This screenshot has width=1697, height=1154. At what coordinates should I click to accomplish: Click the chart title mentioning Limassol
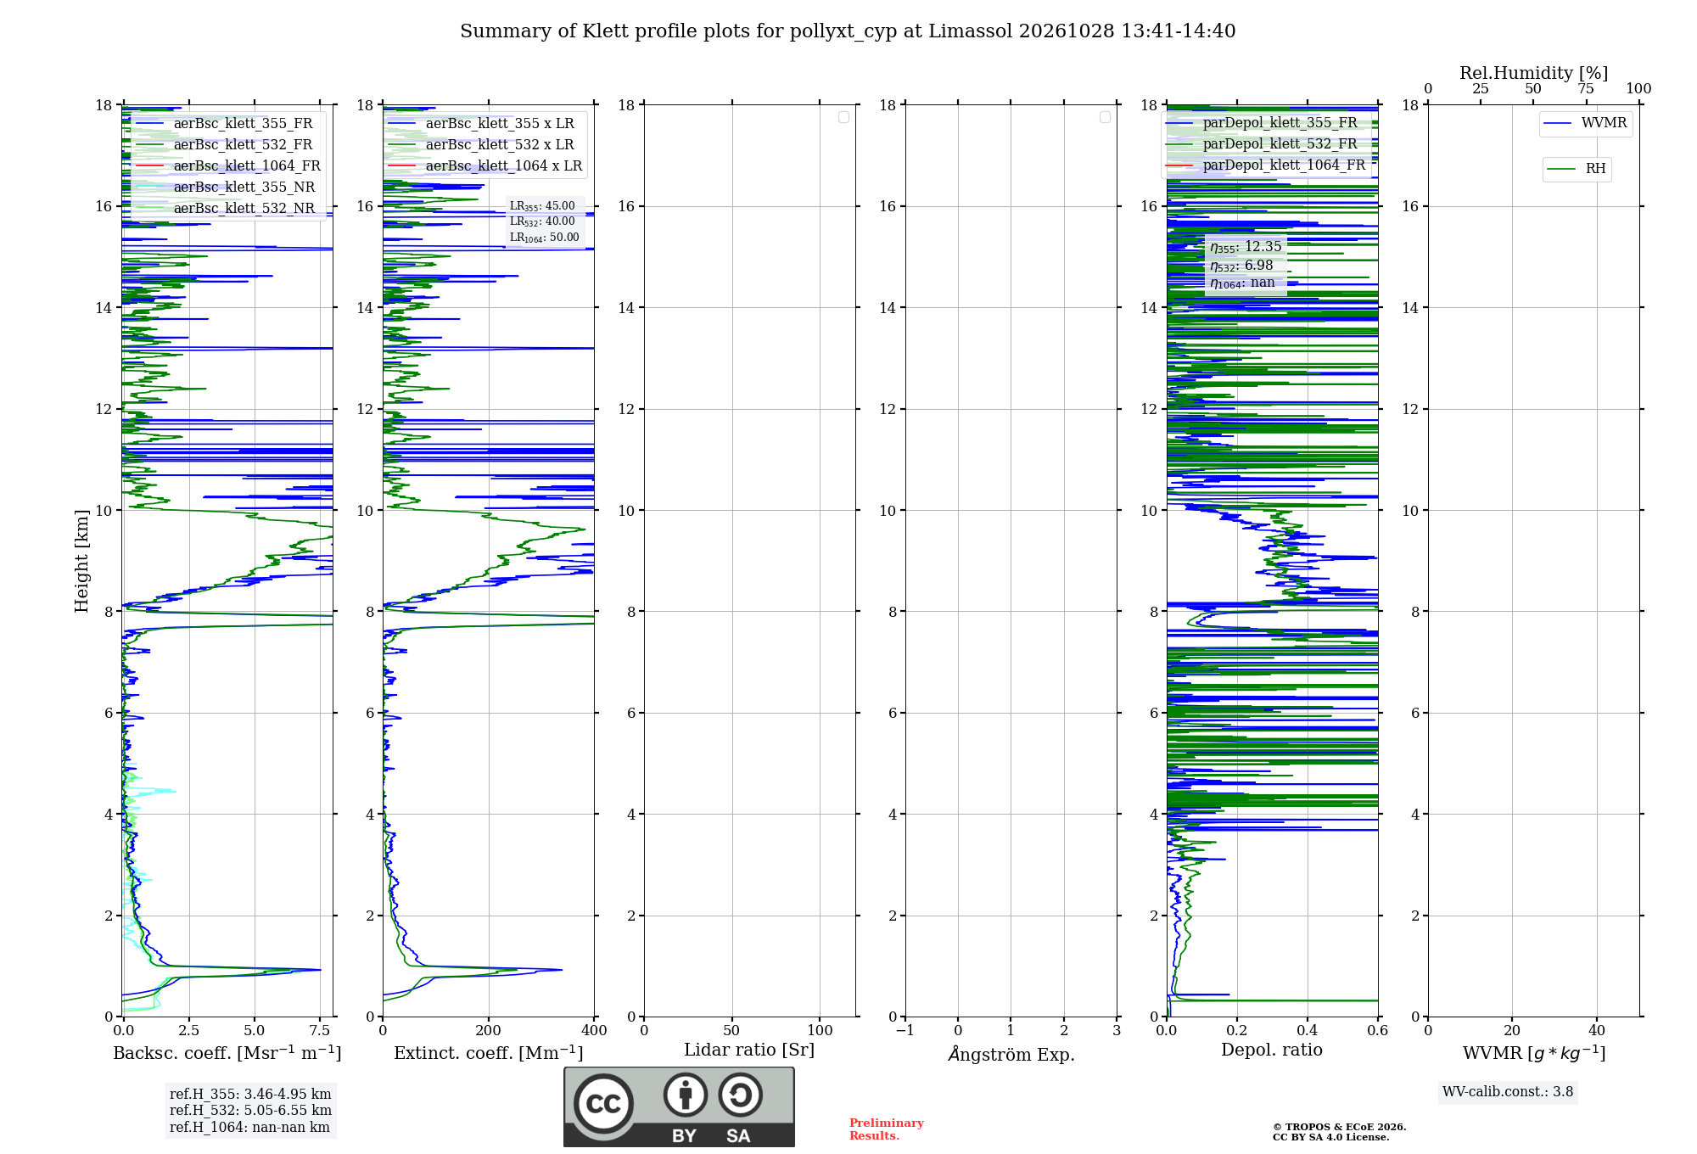point(848,31)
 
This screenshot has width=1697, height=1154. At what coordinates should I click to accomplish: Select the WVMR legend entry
point(1585,123)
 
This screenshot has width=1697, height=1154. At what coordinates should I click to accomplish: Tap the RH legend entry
point(1577,169)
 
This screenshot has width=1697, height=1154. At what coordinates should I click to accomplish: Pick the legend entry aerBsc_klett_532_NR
point(226,208)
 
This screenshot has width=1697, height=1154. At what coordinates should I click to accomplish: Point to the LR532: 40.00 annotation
point(542,221)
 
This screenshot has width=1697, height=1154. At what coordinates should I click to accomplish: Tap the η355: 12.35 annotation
point(1246,247)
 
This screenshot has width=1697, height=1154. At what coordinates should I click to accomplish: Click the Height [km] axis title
point(81,561)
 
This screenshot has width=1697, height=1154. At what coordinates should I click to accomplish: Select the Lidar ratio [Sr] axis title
point(749,1050)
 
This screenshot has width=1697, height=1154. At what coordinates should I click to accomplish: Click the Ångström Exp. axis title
point(1011,1053)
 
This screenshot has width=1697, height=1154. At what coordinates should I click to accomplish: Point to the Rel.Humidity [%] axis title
point(1534,73)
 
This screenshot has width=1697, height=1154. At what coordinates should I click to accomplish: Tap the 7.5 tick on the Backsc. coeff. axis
point(320,1030)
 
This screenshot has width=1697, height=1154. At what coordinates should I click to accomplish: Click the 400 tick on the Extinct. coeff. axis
point(594,1030)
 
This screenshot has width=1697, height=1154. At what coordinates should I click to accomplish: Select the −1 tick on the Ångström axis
point(905,1030)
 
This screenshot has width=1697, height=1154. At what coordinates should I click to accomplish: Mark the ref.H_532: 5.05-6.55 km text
point(250,1110)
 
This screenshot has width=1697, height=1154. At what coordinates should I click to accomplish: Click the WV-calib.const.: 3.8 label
point(1508,1092)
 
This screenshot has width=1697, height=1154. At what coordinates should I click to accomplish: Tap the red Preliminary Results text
point(887,1129)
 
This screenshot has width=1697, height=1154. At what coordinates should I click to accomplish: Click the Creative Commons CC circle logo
point(603,1103)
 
